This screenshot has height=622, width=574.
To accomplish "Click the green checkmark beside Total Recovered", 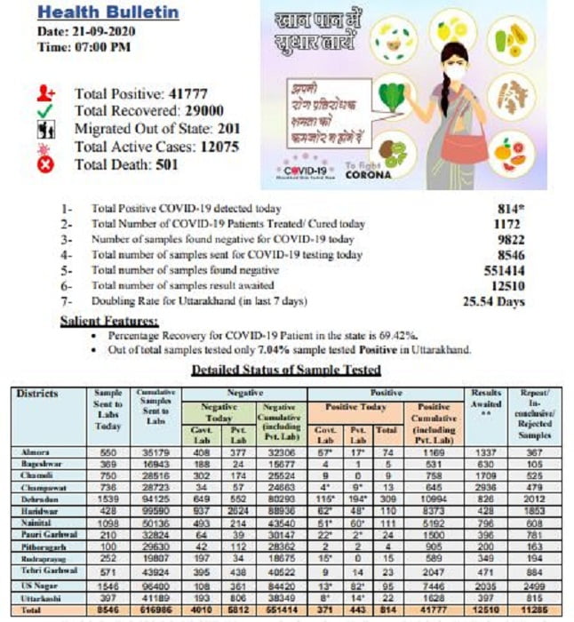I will click(47, 111).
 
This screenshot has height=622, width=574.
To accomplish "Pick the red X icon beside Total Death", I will click(47, 165).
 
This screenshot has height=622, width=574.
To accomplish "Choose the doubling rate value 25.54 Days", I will click(495, 302).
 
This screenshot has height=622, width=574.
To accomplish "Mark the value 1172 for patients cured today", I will click(506, 224).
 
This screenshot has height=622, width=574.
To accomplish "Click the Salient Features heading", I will click(108, 320).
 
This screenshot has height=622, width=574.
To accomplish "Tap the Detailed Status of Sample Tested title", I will click(286, 369).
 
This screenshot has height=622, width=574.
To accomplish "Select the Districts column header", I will click(37, 394).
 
